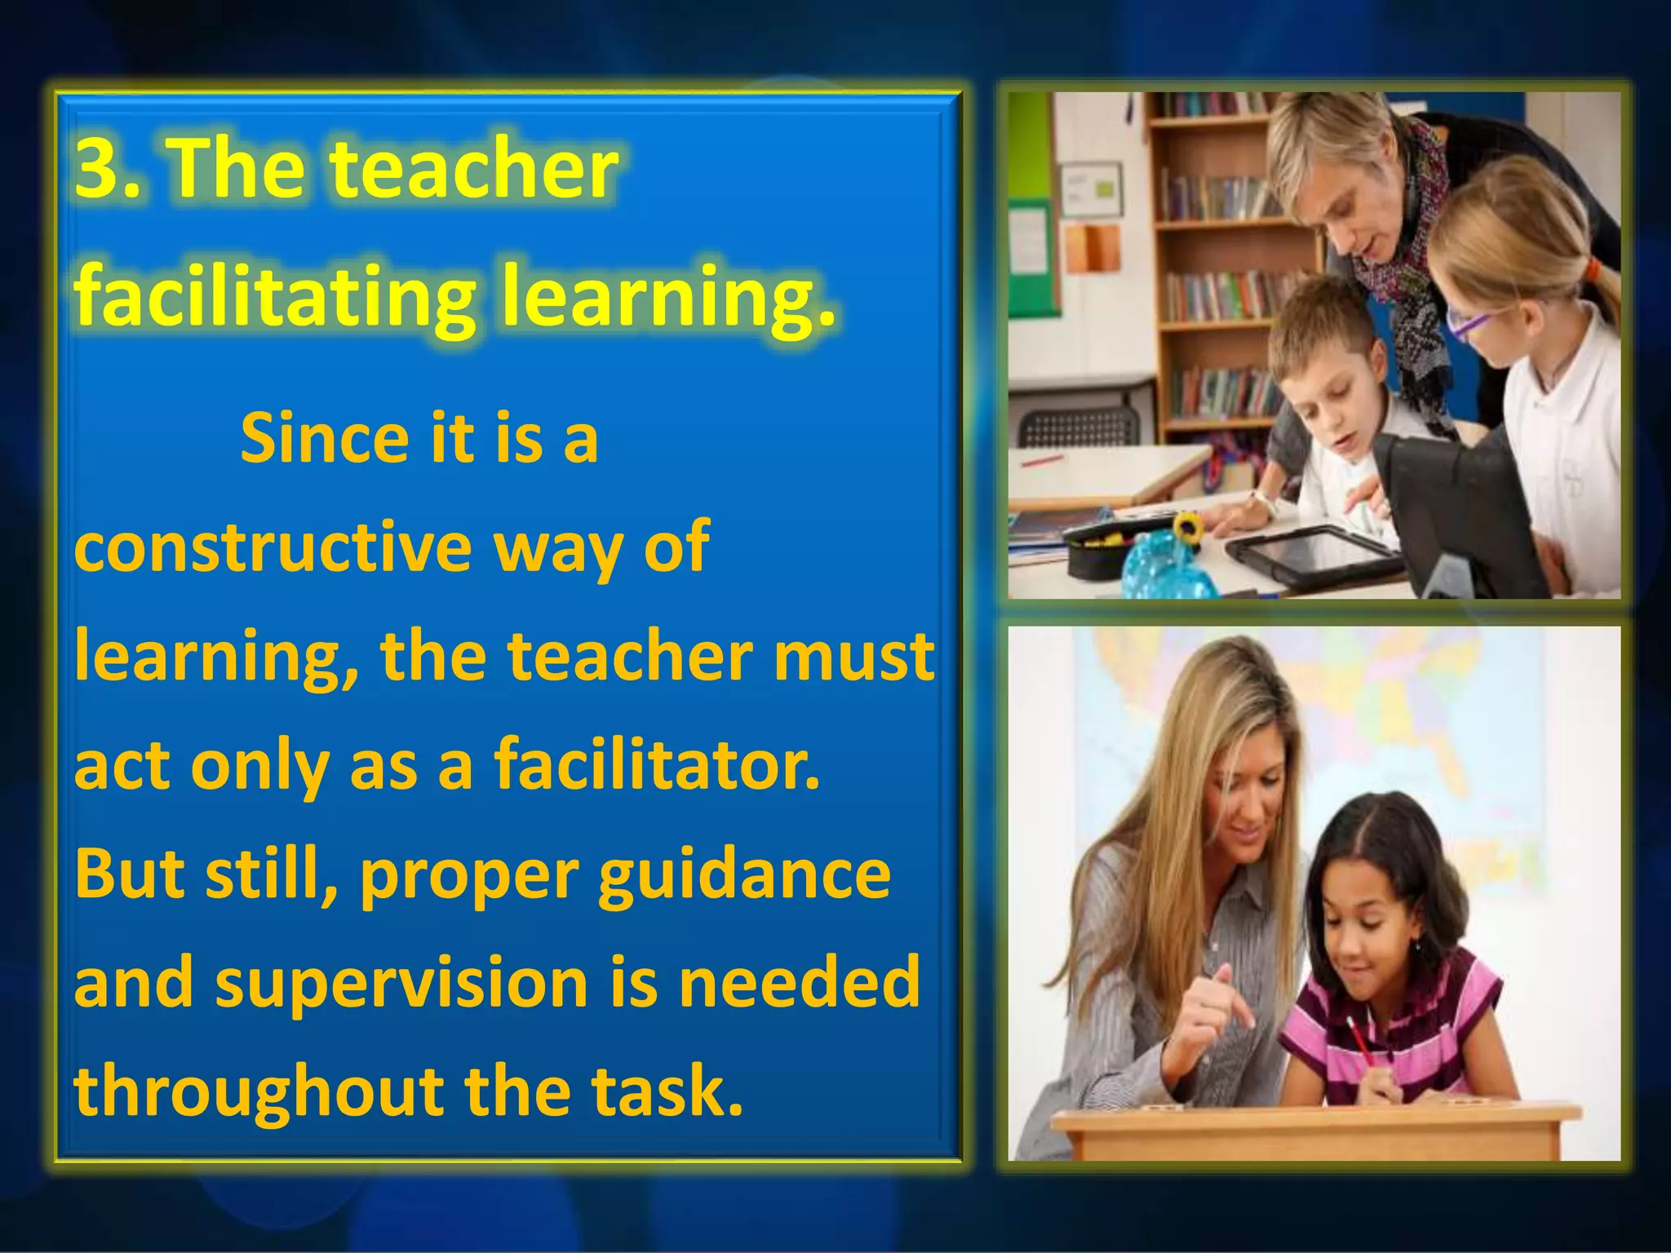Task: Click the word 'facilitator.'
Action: pos(656,764)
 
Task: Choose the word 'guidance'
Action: pos(744,874)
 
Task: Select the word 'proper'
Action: pos(469,874)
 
